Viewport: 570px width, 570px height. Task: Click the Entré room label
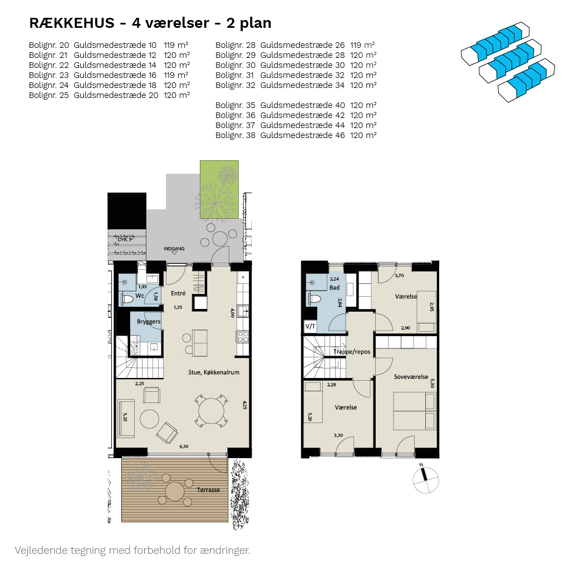[178, 293]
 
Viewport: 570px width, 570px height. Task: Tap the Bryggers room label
[149, 322]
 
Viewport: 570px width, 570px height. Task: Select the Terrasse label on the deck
[208, 490]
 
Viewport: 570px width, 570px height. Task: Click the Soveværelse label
[411, 377]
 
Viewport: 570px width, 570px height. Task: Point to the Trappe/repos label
[352, 352]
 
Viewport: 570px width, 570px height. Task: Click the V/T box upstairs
[310, 326]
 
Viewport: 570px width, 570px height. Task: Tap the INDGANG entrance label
[174, 249]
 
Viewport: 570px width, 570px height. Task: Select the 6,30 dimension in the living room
[184, 446]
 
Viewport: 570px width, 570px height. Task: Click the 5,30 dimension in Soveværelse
[432, 383]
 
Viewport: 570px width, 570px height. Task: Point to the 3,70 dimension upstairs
[399, 276]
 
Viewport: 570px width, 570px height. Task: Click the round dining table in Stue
[211, 411]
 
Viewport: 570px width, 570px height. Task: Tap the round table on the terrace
[175, 492]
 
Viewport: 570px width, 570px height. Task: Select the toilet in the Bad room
[315, 299]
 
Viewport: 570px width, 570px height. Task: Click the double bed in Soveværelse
[414, 410]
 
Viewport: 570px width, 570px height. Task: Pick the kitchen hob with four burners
[243, 337]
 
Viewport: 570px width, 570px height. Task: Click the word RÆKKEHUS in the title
[72, 23]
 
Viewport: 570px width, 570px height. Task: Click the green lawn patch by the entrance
[219, 189]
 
